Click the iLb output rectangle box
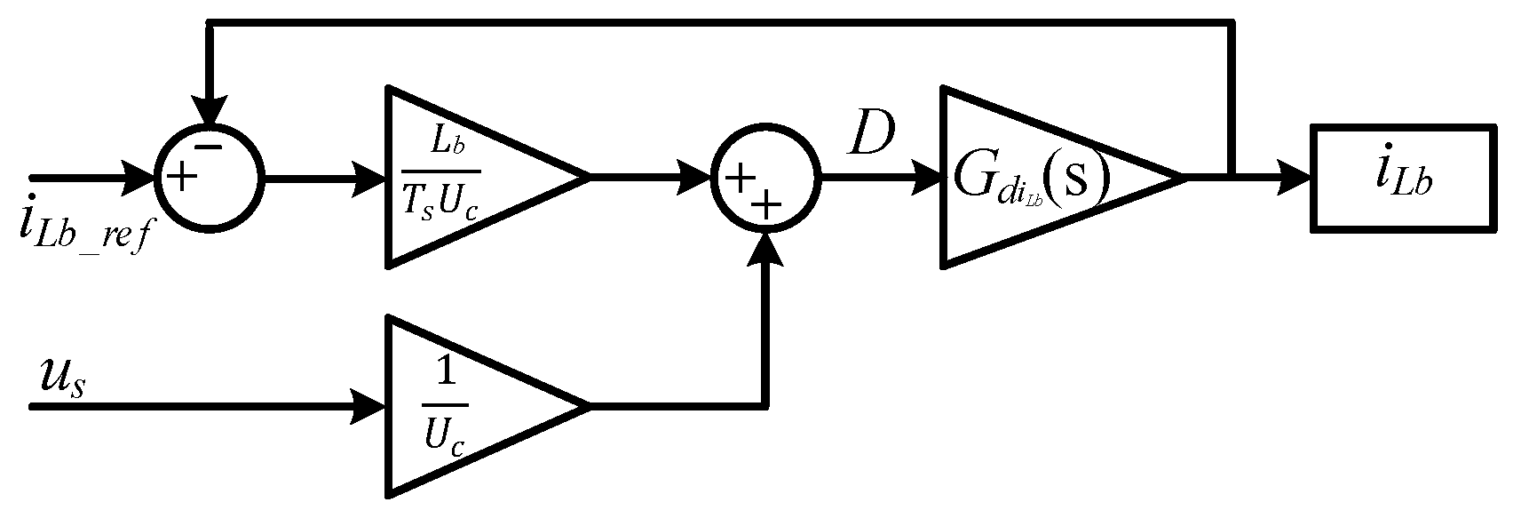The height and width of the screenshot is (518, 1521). coord(1403,179)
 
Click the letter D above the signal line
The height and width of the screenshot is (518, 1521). coord(871,136)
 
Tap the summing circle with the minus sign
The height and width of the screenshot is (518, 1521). coord(208,177)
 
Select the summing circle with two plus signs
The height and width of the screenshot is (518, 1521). coord(764,178)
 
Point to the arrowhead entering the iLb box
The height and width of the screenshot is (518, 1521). coord(1296,178)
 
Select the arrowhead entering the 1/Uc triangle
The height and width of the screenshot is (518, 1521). coord(371,406)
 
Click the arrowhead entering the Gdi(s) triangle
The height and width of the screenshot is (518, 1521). coord(928,178)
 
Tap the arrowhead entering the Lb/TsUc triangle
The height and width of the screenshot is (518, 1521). coord(371,178)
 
